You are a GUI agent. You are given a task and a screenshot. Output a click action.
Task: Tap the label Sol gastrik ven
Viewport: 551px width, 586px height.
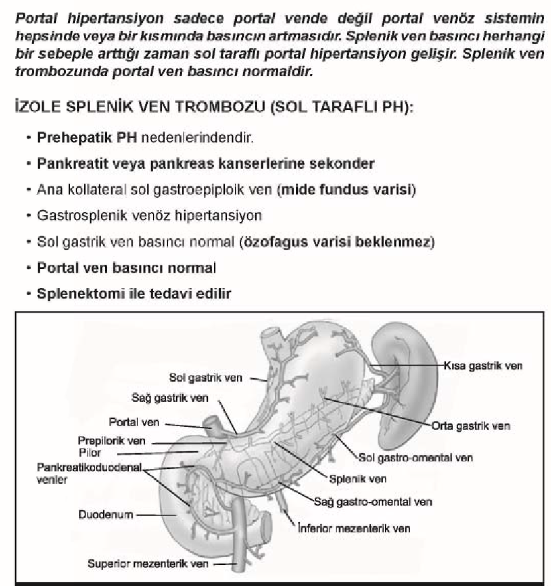tap(206, 378)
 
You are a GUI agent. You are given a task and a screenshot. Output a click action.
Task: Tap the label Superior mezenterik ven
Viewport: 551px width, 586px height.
tap(149, 564)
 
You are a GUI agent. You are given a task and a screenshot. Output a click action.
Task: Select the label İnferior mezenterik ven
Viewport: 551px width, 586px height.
tap(354, 529)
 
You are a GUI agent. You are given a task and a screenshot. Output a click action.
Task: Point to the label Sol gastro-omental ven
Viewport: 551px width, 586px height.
tap(416, 457)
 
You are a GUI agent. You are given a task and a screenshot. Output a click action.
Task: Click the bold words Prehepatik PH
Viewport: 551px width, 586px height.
tap(75, 139)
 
